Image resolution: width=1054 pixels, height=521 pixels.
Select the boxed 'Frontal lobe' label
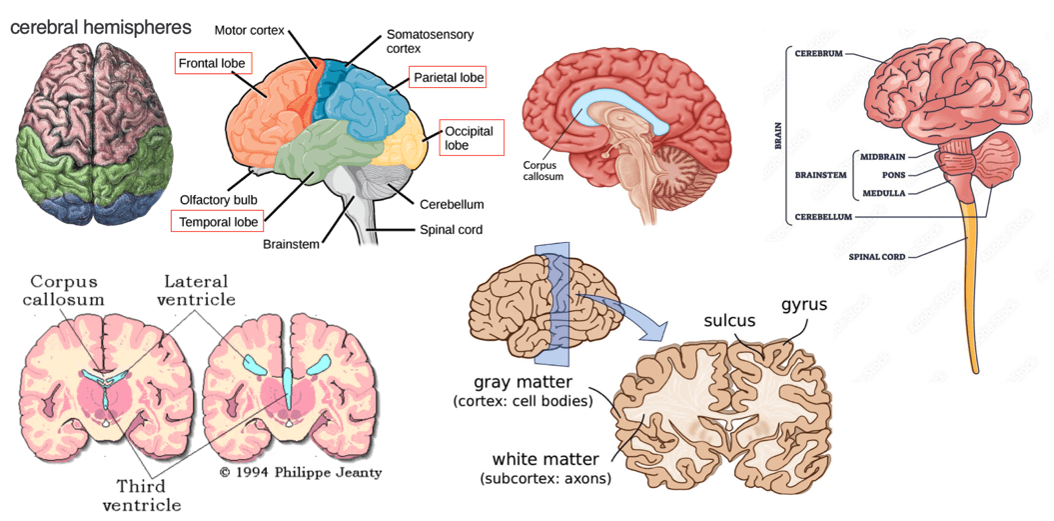(211, 64)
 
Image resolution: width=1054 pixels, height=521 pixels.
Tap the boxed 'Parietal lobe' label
(448, 77)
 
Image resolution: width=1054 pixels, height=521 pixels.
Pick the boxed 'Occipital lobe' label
(469, 138)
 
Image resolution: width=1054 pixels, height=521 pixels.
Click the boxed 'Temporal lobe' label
(218, 221)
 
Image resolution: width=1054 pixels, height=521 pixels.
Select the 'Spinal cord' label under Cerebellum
(451, 230)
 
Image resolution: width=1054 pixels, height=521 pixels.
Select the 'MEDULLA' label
(884, 193)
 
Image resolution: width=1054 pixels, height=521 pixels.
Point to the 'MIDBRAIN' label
(882, 156)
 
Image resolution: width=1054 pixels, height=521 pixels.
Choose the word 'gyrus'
(803, 304)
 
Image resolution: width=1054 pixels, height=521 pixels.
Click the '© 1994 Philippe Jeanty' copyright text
(301, 472)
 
